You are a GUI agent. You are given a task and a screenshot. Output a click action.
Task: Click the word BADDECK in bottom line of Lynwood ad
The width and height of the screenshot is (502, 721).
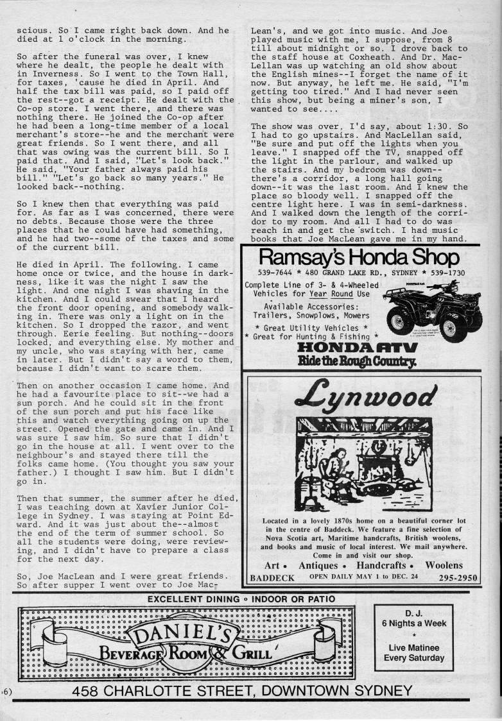pyautogui.click(x=272, y=577)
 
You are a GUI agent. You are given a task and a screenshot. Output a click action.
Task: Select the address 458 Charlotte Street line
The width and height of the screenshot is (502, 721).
pyautogui.click(x=242, y=691)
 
